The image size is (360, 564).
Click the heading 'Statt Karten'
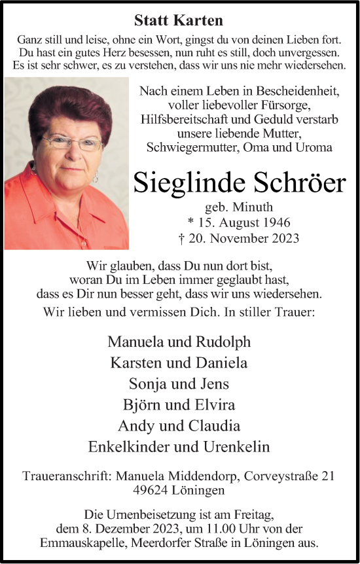tap(179, 20)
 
